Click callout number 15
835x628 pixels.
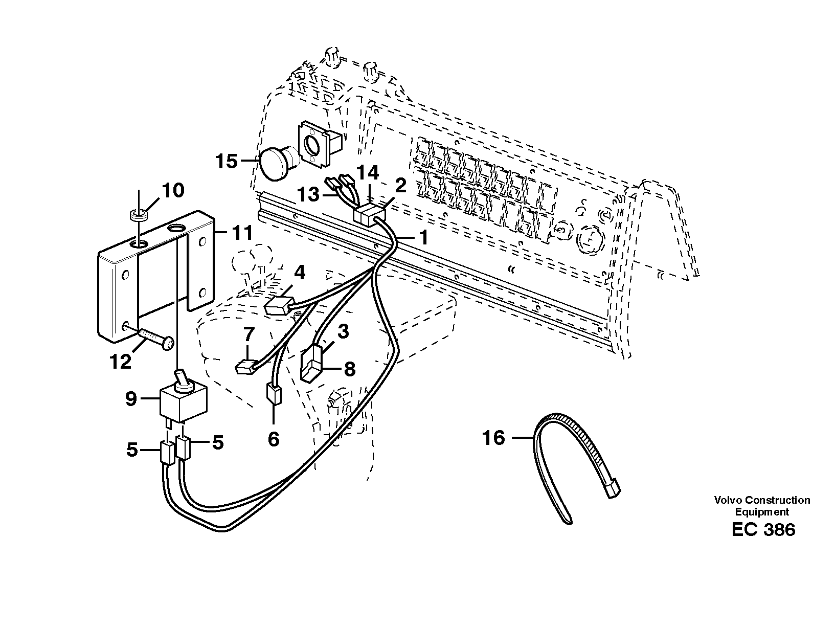pos(226,162)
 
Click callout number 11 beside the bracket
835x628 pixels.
pos(240,234)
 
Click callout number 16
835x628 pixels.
pos(493,438)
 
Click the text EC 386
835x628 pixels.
pos(763,529)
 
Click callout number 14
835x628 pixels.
pos(368,173)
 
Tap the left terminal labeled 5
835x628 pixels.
pos(167,453)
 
